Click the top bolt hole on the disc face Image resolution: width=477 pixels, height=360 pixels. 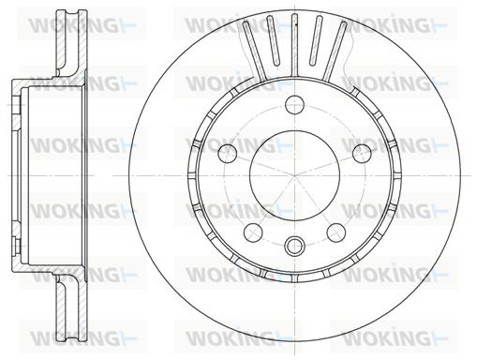point(294,104)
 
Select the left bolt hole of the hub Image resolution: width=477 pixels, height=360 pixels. point(228,153)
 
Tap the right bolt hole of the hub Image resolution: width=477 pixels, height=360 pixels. point(362,153)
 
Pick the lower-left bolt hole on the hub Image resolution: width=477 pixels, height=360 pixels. point(253,232)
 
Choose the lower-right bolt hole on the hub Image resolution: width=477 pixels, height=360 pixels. point(336,232)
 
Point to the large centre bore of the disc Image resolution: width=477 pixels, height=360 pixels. point(294,175)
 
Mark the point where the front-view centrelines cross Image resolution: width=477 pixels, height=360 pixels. point(294,175)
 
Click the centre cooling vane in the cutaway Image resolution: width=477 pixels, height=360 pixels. point(294,45)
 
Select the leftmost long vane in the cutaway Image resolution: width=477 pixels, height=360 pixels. point(254,51)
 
